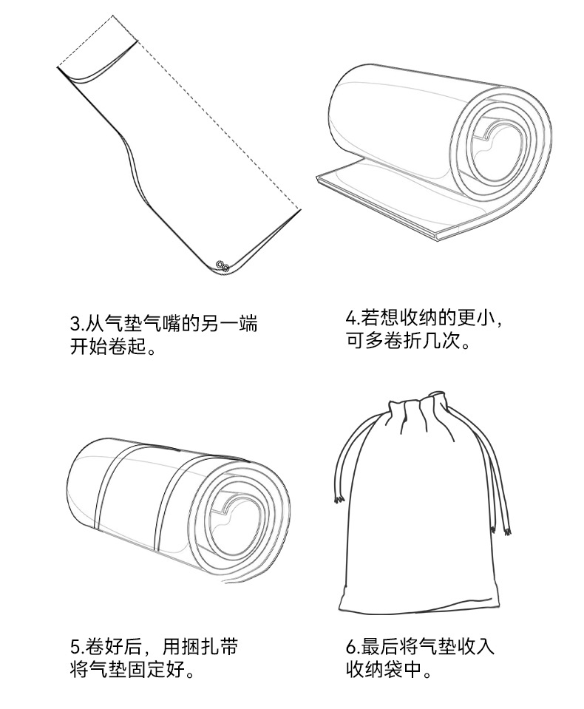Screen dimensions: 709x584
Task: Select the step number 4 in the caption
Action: click(x=350, y=319)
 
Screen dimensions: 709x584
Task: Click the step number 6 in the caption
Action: click(x=351, y=648)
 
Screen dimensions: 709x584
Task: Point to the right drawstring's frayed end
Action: click(x=507, y=529)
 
